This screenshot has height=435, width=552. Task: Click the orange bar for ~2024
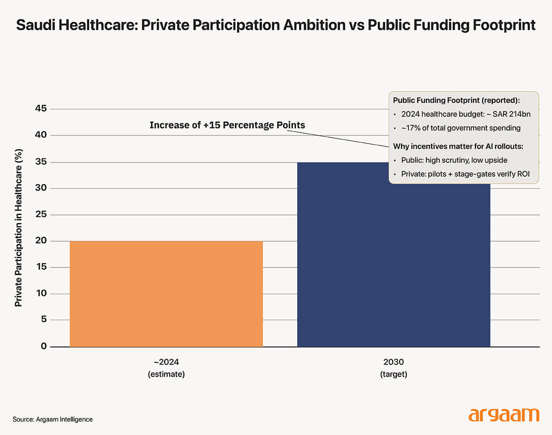pos(166,294)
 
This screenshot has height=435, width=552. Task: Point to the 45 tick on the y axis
pos(41,109)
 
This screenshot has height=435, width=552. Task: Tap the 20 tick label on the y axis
pos(41,241)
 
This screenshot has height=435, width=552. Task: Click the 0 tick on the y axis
pos(44,346)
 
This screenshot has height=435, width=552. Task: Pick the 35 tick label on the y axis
pos(41,162)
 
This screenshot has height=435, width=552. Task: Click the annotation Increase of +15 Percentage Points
pos(227,125)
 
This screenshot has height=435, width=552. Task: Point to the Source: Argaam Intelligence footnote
pos(52,419)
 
